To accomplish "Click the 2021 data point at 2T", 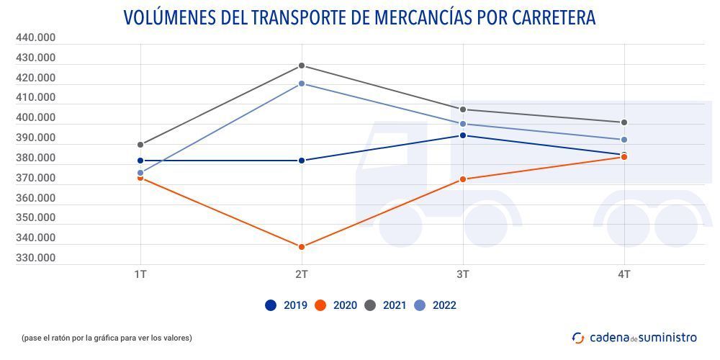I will (302, 66).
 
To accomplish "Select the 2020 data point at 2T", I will (302, 247).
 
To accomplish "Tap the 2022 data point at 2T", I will (302, 84).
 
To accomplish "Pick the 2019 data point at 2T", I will (302, 161).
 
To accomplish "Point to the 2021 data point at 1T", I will (140, 145).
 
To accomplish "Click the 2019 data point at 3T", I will (463, 135).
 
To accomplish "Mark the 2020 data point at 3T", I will (463, 179).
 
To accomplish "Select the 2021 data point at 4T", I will (624, 122).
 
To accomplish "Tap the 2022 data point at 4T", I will (624, 140).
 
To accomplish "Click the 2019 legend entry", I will (287, 305).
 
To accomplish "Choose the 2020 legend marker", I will (320, 305).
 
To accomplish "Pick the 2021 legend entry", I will (386, 305).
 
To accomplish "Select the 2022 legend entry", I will (436, 305).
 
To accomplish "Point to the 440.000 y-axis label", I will (35, 37).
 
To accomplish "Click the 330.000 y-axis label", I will (35, 258).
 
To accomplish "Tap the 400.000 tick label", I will (35, 117).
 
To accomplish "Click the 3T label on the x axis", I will (463, 274).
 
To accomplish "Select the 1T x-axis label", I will (140, 274).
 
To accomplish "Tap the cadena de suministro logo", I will (634, 337).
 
